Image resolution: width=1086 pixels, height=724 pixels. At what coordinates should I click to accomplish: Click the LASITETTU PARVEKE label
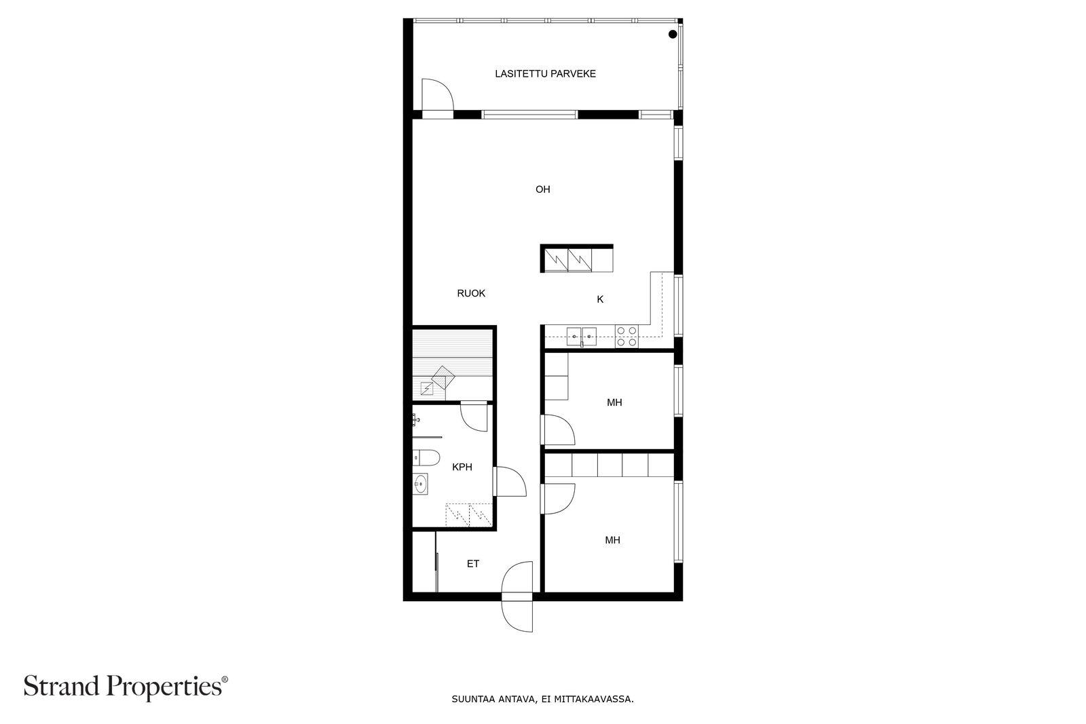tap(545, 74)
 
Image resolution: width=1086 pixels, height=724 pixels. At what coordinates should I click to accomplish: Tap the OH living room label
tap(542, 189)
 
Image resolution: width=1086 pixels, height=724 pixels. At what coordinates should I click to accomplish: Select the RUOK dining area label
tap(471, 293)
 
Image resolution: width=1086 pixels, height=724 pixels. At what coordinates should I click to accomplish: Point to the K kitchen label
tap(600, 299)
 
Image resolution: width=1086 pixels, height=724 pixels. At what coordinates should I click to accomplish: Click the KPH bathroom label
tap(462, 467)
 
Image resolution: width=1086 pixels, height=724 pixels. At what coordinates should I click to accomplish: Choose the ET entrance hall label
tap(472, 564)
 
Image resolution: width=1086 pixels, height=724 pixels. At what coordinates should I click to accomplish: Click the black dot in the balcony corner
tap(673, 35)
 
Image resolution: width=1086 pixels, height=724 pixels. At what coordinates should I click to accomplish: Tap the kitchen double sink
tap(581, 337)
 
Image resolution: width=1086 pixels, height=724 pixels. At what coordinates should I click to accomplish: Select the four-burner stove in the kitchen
tap(626, 337)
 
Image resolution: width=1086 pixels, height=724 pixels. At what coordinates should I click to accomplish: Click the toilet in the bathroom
tap(426, 457)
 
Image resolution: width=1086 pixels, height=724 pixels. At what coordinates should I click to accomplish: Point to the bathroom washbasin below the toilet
tap(420, 484)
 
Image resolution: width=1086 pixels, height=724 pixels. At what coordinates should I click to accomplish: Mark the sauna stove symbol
tap(443, 377)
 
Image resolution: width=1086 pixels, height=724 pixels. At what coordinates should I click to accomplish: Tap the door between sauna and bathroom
tap(474, 417)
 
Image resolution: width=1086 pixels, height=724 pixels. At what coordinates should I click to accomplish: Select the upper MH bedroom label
tap(614, 402)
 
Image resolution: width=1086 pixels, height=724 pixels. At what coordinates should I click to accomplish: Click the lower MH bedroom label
tap(612, 540)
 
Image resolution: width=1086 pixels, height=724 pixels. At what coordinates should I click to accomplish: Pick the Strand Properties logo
tap(126, 687)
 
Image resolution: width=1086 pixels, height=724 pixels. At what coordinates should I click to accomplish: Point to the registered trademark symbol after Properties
tap(225, 679)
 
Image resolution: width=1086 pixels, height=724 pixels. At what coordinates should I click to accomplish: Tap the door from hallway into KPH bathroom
tap(510, 481)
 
